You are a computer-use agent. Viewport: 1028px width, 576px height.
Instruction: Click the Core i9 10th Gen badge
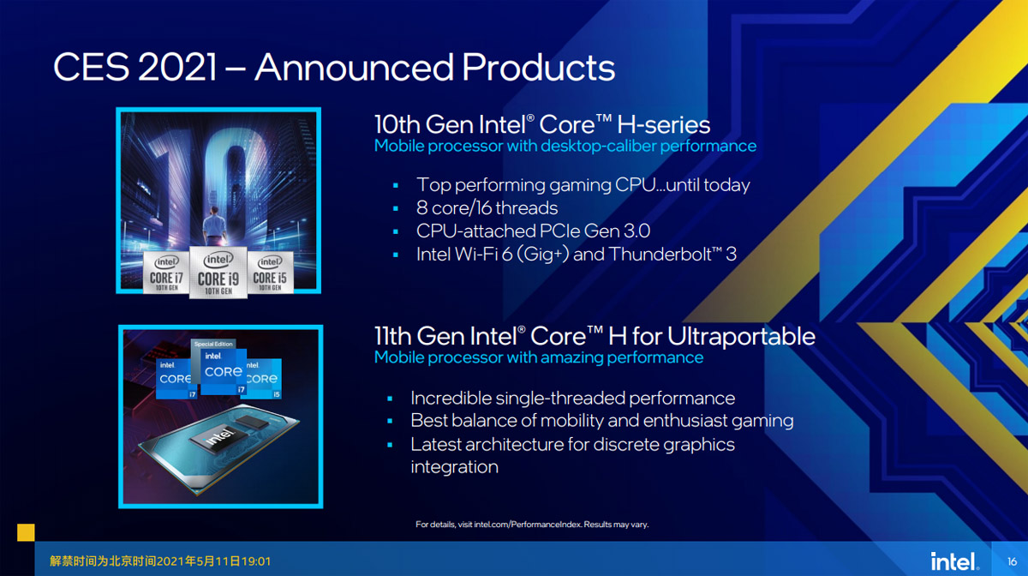(218, 273)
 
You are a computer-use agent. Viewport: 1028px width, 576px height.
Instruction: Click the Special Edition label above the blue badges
(213, 344)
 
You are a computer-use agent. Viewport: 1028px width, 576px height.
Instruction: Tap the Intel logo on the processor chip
(218, 436)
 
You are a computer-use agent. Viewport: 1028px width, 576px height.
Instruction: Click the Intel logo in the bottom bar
(954, 561)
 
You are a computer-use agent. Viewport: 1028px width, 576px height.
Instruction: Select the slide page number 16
(1012, 561)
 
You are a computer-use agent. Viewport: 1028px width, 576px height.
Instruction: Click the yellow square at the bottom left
(26, 532)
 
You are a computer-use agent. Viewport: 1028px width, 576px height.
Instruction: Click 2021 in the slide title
(176, 67)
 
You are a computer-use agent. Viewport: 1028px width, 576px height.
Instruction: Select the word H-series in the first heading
(663, 124)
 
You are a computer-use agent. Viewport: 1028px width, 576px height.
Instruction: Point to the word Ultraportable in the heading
(741, 337)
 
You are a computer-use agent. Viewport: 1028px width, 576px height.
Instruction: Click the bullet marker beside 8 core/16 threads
(396, 209)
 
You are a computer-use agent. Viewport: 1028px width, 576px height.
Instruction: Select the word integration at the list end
(454, 467)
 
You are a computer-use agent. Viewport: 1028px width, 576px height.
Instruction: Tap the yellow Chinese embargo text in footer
(160, 561)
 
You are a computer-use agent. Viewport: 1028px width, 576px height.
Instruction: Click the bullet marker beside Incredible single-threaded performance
(390, 399)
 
